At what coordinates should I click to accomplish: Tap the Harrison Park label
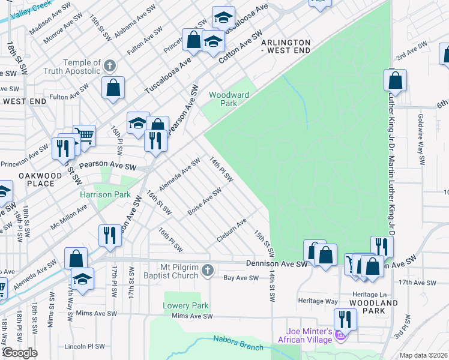pos(106,194)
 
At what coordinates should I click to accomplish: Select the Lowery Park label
pos(185,305)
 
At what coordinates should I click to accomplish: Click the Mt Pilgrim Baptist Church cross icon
pos(207,271)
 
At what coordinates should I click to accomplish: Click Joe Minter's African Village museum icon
pos(341,339)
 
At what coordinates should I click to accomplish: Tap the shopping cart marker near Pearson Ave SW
pos(84,137)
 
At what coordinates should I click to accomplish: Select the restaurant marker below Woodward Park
pos(155,140)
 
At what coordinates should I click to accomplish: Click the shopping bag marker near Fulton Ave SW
pos(113,88)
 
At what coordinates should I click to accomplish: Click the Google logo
pos(20,353)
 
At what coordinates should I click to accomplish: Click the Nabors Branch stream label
pos(238,344)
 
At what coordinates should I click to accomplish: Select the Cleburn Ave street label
pos(232,232)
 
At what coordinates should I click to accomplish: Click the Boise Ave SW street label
pos(205,202)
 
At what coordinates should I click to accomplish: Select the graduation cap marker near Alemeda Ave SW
pos(82,278)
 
